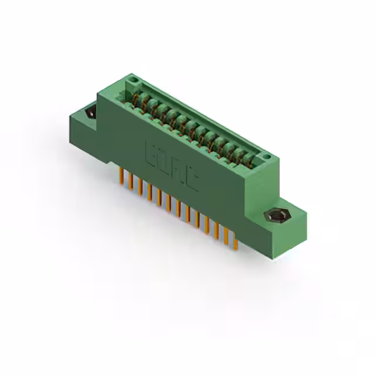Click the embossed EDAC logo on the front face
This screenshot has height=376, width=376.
coord(171,166)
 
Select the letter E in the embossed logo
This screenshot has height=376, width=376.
coord(151,154)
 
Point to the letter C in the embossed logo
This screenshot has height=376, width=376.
coord(192,179)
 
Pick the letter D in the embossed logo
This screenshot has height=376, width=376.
coord(164,162)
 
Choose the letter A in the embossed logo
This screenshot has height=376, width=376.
coord(177,170)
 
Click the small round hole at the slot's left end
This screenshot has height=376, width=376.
coord(133,78)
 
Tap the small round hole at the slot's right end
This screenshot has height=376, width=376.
coord(266,157)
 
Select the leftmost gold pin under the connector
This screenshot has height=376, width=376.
coord(122,176)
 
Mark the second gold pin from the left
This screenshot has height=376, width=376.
coord(131,182)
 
